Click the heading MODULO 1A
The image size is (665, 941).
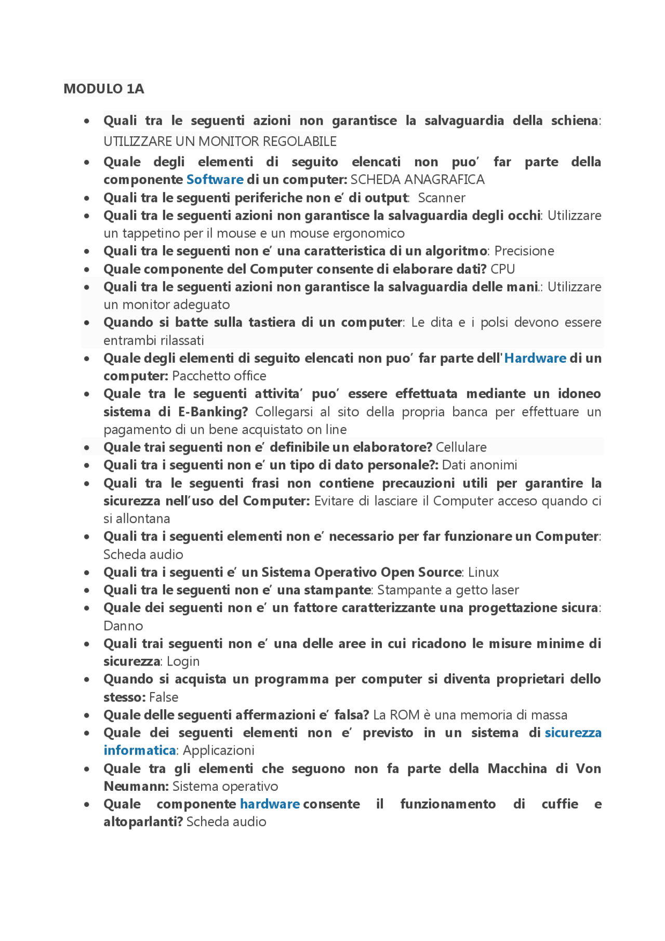pyautogui.click(x=103, y=89)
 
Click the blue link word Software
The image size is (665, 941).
pyautogui.click(x=215, y=180)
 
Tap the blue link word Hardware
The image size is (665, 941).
pyautogui.click(x=535, y=358)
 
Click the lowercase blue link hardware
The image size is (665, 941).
pyautogui.click(x=270, y=804)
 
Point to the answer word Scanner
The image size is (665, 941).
pyautogui.click(x=441, y=198)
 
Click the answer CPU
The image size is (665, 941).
pyautogui.click(x=502, y=269)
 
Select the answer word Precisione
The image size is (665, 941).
pyautogui.click(x=524, y=251)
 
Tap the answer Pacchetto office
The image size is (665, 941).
pyautogui.click(x=219, y=376)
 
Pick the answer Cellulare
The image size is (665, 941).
pyautogui.click(x=461, y=447)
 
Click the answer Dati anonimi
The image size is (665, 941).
pyautogui.click(x=479, y=465)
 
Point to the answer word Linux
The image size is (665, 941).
pyautogui.click(x=483, y=573)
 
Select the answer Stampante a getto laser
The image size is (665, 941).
pyautogui.click(x=448, y=590)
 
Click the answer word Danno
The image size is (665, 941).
pyautogui.click(x=123, y=626)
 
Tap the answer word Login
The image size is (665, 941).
pyautogui.click(x=183, y=661)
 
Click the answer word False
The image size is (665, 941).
pyautogui.click(x=164, y=697)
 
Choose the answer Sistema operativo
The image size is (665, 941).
pyautogui.click(x=225, y=786)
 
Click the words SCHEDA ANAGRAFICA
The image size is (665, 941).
pyautogui.click(x=417, y=180)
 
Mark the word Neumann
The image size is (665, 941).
pyautogui.click(x=135, y=786)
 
